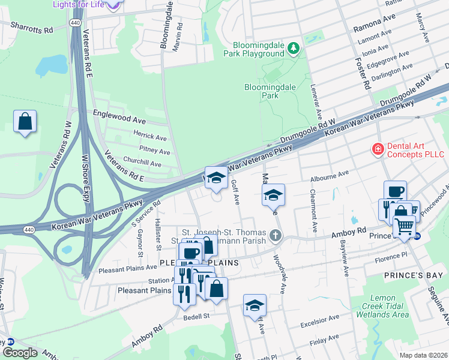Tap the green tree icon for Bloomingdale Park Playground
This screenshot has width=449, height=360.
point(294,47)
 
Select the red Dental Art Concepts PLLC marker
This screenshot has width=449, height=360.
point(378,148)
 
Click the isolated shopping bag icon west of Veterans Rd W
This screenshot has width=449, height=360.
point(25,122)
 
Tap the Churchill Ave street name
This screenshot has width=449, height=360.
point(142,164)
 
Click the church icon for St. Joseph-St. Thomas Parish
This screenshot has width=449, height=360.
point(276,235)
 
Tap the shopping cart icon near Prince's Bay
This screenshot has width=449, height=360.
point(404,227)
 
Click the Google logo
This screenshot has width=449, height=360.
point(20,352)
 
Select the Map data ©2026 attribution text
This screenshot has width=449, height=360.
point(423,355)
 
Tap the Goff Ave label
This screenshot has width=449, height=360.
point(236,193)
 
